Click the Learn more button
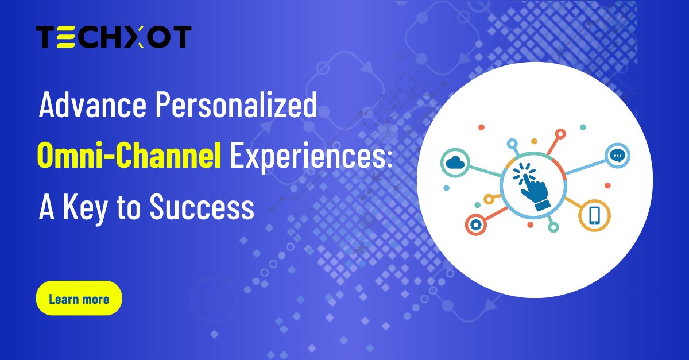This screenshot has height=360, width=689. click(79, 299)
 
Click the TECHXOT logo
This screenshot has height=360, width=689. click(114, 37)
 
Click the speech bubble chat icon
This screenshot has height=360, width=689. click(617, 156)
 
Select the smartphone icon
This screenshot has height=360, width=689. click(594, 215)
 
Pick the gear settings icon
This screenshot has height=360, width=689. click(475, 225)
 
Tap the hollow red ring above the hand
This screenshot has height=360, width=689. click(560, 134)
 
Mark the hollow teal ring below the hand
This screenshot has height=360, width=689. click(553, 227)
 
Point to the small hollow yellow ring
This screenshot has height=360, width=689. click(489, 199)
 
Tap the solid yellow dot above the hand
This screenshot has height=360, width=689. click(534, 141)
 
